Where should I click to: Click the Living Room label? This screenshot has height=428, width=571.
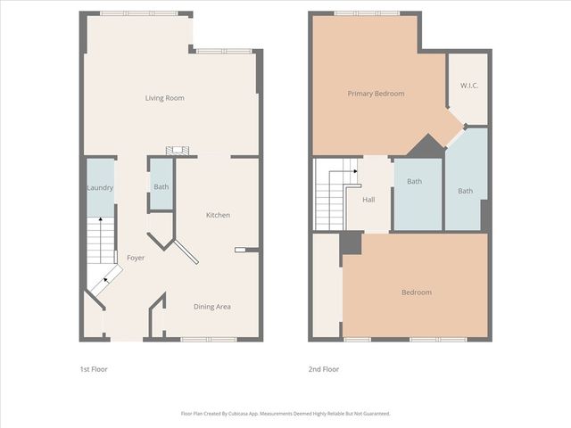(164, 98)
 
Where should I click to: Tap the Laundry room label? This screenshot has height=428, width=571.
(99, 188)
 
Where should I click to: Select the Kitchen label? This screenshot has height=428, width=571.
(218, 215)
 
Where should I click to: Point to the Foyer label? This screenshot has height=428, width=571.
(136, 258)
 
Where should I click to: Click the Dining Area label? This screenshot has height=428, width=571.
(212, 307)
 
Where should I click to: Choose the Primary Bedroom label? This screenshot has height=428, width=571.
(376, 94)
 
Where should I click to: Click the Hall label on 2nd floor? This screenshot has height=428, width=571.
(368, 200)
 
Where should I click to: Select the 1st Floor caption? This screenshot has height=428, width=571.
(94, 369)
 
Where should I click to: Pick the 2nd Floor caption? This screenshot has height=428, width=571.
(325, 369)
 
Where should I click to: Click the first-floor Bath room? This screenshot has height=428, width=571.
(161, 187)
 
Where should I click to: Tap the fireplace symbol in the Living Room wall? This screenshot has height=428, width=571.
(178, 151)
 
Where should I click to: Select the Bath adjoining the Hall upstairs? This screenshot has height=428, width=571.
(415, 183)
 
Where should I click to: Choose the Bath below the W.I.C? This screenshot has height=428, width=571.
(466, 191)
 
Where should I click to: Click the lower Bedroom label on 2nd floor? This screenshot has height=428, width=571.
(416, 292)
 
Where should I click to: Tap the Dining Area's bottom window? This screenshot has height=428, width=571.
(208, 339)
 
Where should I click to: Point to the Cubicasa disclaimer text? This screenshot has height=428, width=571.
(285, 414)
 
